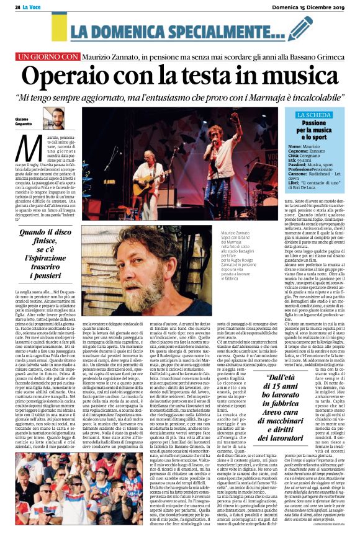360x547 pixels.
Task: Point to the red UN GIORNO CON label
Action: (x=50, y=56)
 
